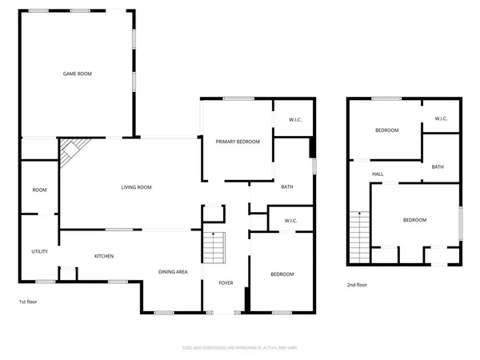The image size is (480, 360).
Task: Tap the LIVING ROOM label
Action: [136, 187]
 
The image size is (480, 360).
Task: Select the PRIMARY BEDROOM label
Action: [238, 142]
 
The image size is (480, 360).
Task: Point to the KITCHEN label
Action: [104, 256]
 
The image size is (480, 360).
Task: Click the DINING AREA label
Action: [173, 273]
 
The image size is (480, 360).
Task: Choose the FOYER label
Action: [226, 283]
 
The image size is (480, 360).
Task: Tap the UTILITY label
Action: [40, 251]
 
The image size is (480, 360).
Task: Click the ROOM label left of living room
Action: [39, 190]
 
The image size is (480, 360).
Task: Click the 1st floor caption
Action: [29, 302]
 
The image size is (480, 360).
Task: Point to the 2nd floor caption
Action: [357, 284]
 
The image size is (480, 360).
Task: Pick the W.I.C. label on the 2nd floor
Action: [441, 119]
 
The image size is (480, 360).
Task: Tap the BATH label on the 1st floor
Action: [288, 187]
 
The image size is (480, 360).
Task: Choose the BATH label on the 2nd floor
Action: [438, 167]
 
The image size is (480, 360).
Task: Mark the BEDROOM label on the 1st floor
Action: [282, 274]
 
